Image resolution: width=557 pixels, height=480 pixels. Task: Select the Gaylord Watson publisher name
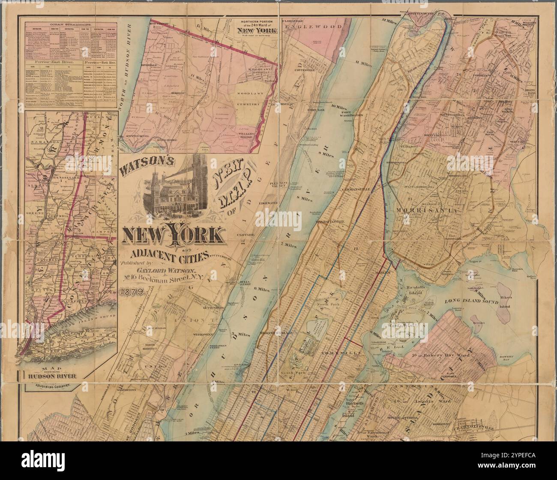(x=165, y=270)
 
